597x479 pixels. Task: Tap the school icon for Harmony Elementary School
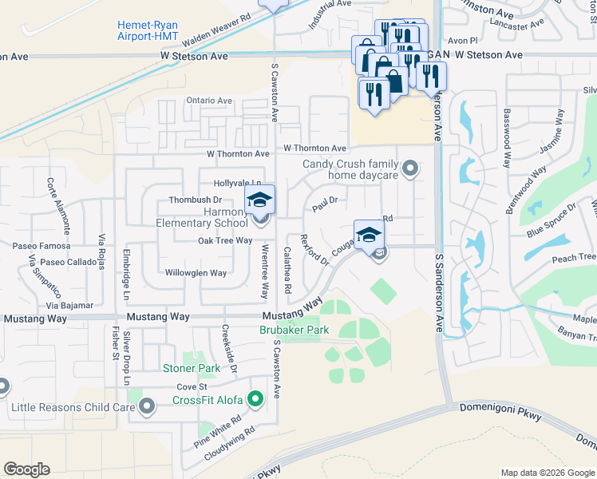tap(259, 200)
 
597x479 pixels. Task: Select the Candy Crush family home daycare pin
tap(410, 168)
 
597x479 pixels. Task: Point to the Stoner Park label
tap(191, 368)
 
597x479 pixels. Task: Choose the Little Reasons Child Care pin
tap(146, 407)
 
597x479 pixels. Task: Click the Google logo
tap(26, 469)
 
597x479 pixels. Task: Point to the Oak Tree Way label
tap(225, 240)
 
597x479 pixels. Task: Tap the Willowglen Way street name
tap(196, 273)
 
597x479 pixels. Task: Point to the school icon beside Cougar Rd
tap(369, 235)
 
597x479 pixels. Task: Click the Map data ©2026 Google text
tap(548, 473)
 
